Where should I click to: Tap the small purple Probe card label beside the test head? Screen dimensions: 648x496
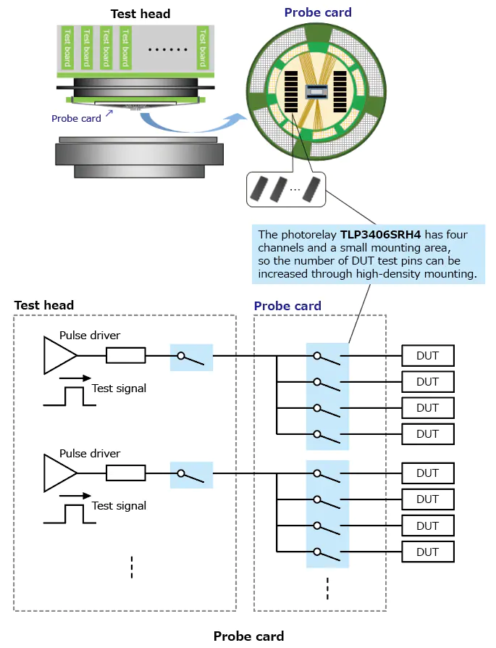click(x=76, y=118)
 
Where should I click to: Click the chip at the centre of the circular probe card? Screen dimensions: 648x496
click(x=316, y=92)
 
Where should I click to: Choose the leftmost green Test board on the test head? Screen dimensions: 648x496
click(x=67, y=47)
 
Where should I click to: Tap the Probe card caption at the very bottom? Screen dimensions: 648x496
click(x=248, y=636)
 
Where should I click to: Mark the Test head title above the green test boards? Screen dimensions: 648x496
click(x=140, y=14)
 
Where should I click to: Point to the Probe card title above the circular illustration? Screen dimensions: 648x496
click(x=318, y=12)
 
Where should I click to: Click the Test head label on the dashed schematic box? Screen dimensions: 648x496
click(x=43, y=305)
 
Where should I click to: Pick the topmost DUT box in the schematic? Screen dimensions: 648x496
click(x=428, y=356)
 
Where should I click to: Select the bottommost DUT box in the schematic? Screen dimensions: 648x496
click(x=428, y=552)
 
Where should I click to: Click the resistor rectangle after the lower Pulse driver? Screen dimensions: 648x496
click(x=126, y=473)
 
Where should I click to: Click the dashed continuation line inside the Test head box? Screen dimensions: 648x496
click(x=132, y=567)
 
